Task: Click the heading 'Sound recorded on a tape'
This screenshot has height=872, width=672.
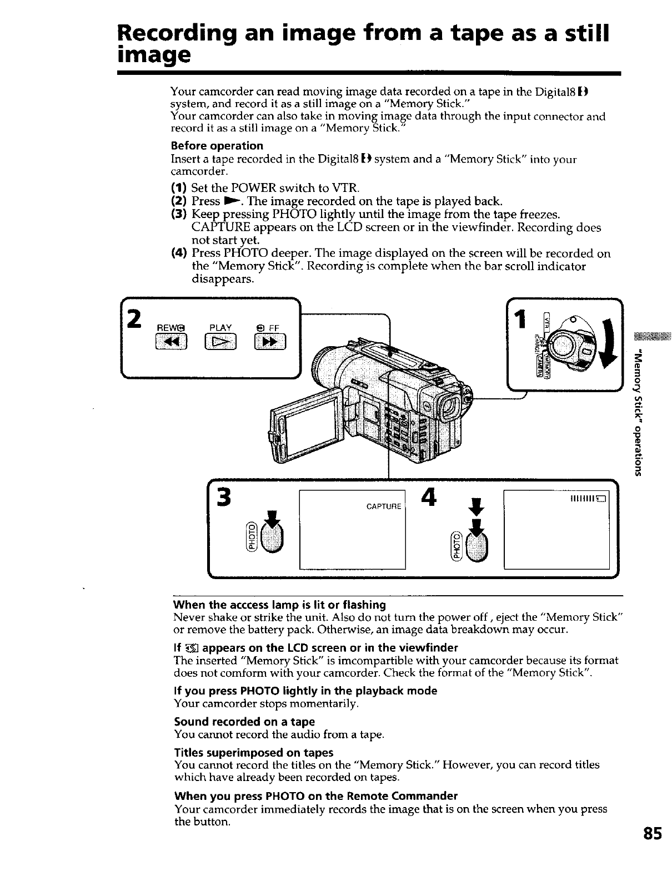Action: pos(244,722)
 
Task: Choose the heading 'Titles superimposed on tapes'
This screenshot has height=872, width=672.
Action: pos(253,753)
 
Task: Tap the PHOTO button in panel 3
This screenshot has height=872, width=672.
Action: pos(273,536)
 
